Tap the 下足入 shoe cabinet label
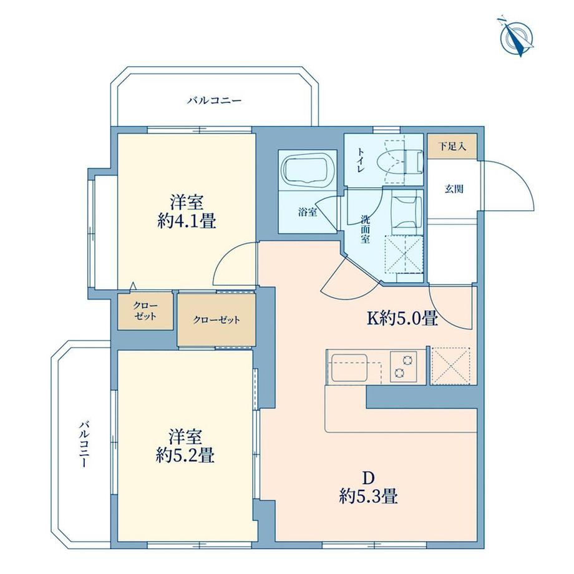pos(452,147)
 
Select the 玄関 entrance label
pos(454,189)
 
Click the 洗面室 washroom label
pos(365,230)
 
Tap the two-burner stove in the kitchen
pos(404,366)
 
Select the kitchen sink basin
pos(349,367)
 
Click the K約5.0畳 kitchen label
pos(402,318)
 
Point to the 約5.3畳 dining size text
pos(368,497)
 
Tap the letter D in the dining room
pos(368,478)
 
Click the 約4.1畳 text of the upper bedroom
pos(187,221)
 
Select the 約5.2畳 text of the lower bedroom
pos(185,455)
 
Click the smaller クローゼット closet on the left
pos(145,311)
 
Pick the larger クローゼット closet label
pos(216,320)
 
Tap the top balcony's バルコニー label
pos(215,100)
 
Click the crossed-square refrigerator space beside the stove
pos(451,366)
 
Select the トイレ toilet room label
pos(361,161)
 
